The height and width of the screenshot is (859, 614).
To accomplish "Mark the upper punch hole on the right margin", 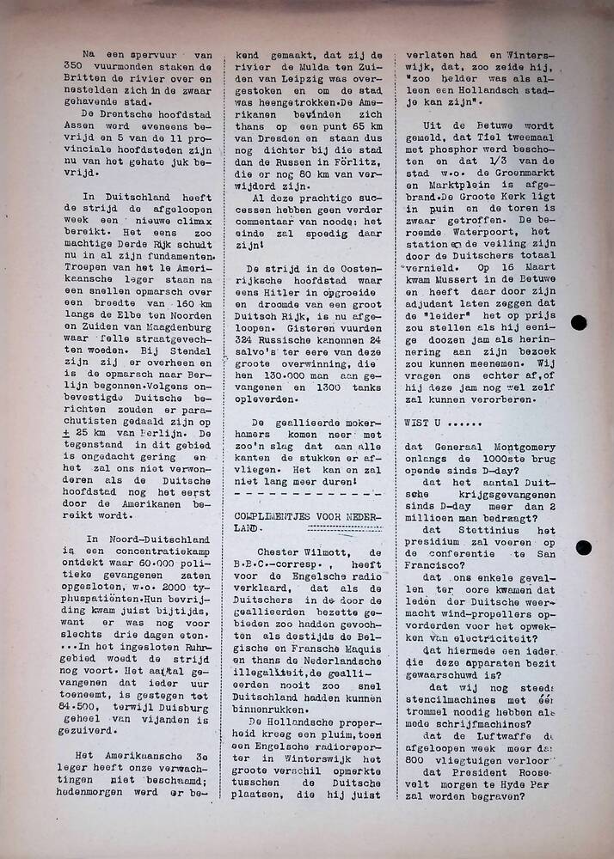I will point(579,324).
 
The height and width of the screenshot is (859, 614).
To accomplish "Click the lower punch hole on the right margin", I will point(583,547).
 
